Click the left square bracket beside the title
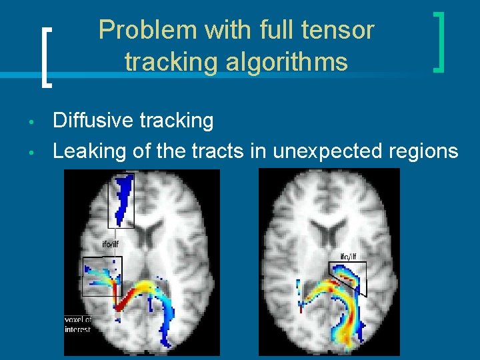click(45, 57)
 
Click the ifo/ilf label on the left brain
click(111, 244)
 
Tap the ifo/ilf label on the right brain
click(348, 257)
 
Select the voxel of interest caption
click(77, 325)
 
